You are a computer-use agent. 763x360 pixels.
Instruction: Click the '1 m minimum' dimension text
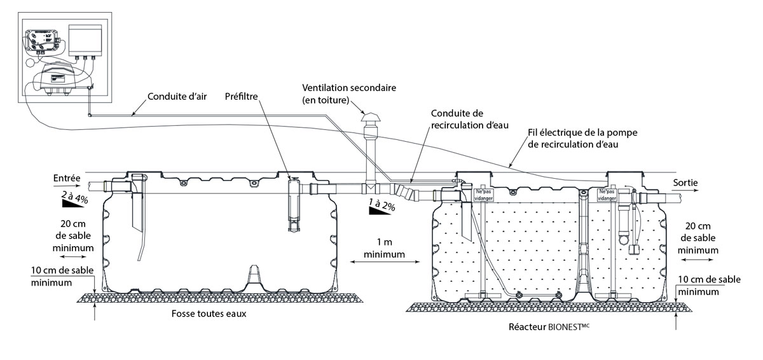tap(385, 249)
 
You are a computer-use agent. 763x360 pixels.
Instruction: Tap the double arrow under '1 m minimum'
tap(385, 262)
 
